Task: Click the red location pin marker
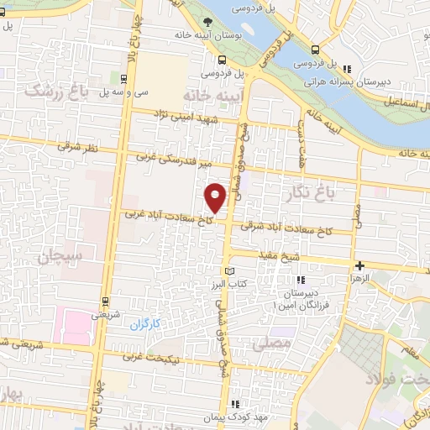(x=216, y=197)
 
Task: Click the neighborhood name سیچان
(x=57, y=255)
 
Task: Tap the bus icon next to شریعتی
(x=105, y=300)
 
